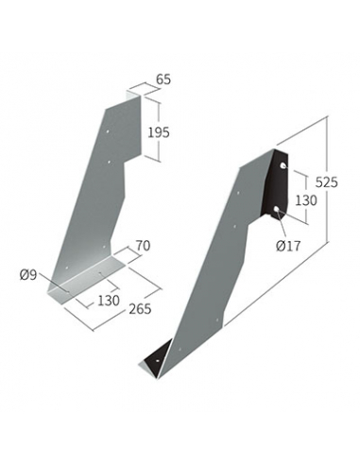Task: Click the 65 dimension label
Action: pyautogui.click(x=163, y=79)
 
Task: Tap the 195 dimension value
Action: pyautogui.click(x=159, y=132)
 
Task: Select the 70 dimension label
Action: pyautogui.click(x=143, y=246)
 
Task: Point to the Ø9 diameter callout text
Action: pyautogui.click(x=28, y=275)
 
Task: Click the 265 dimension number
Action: pyautogui.click(x=140, y=309)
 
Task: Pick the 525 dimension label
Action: pyautogui.click(x=326, y=182)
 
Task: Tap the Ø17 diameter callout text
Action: pyautogui.click(x=288, y=246)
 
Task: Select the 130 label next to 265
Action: pyautogui.click(x=109, y=301)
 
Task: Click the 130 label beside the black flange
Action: pyautogui.click(x=306, y=200)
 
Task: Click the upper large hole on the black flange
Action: pyautogui.click(x=283, y=165)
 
